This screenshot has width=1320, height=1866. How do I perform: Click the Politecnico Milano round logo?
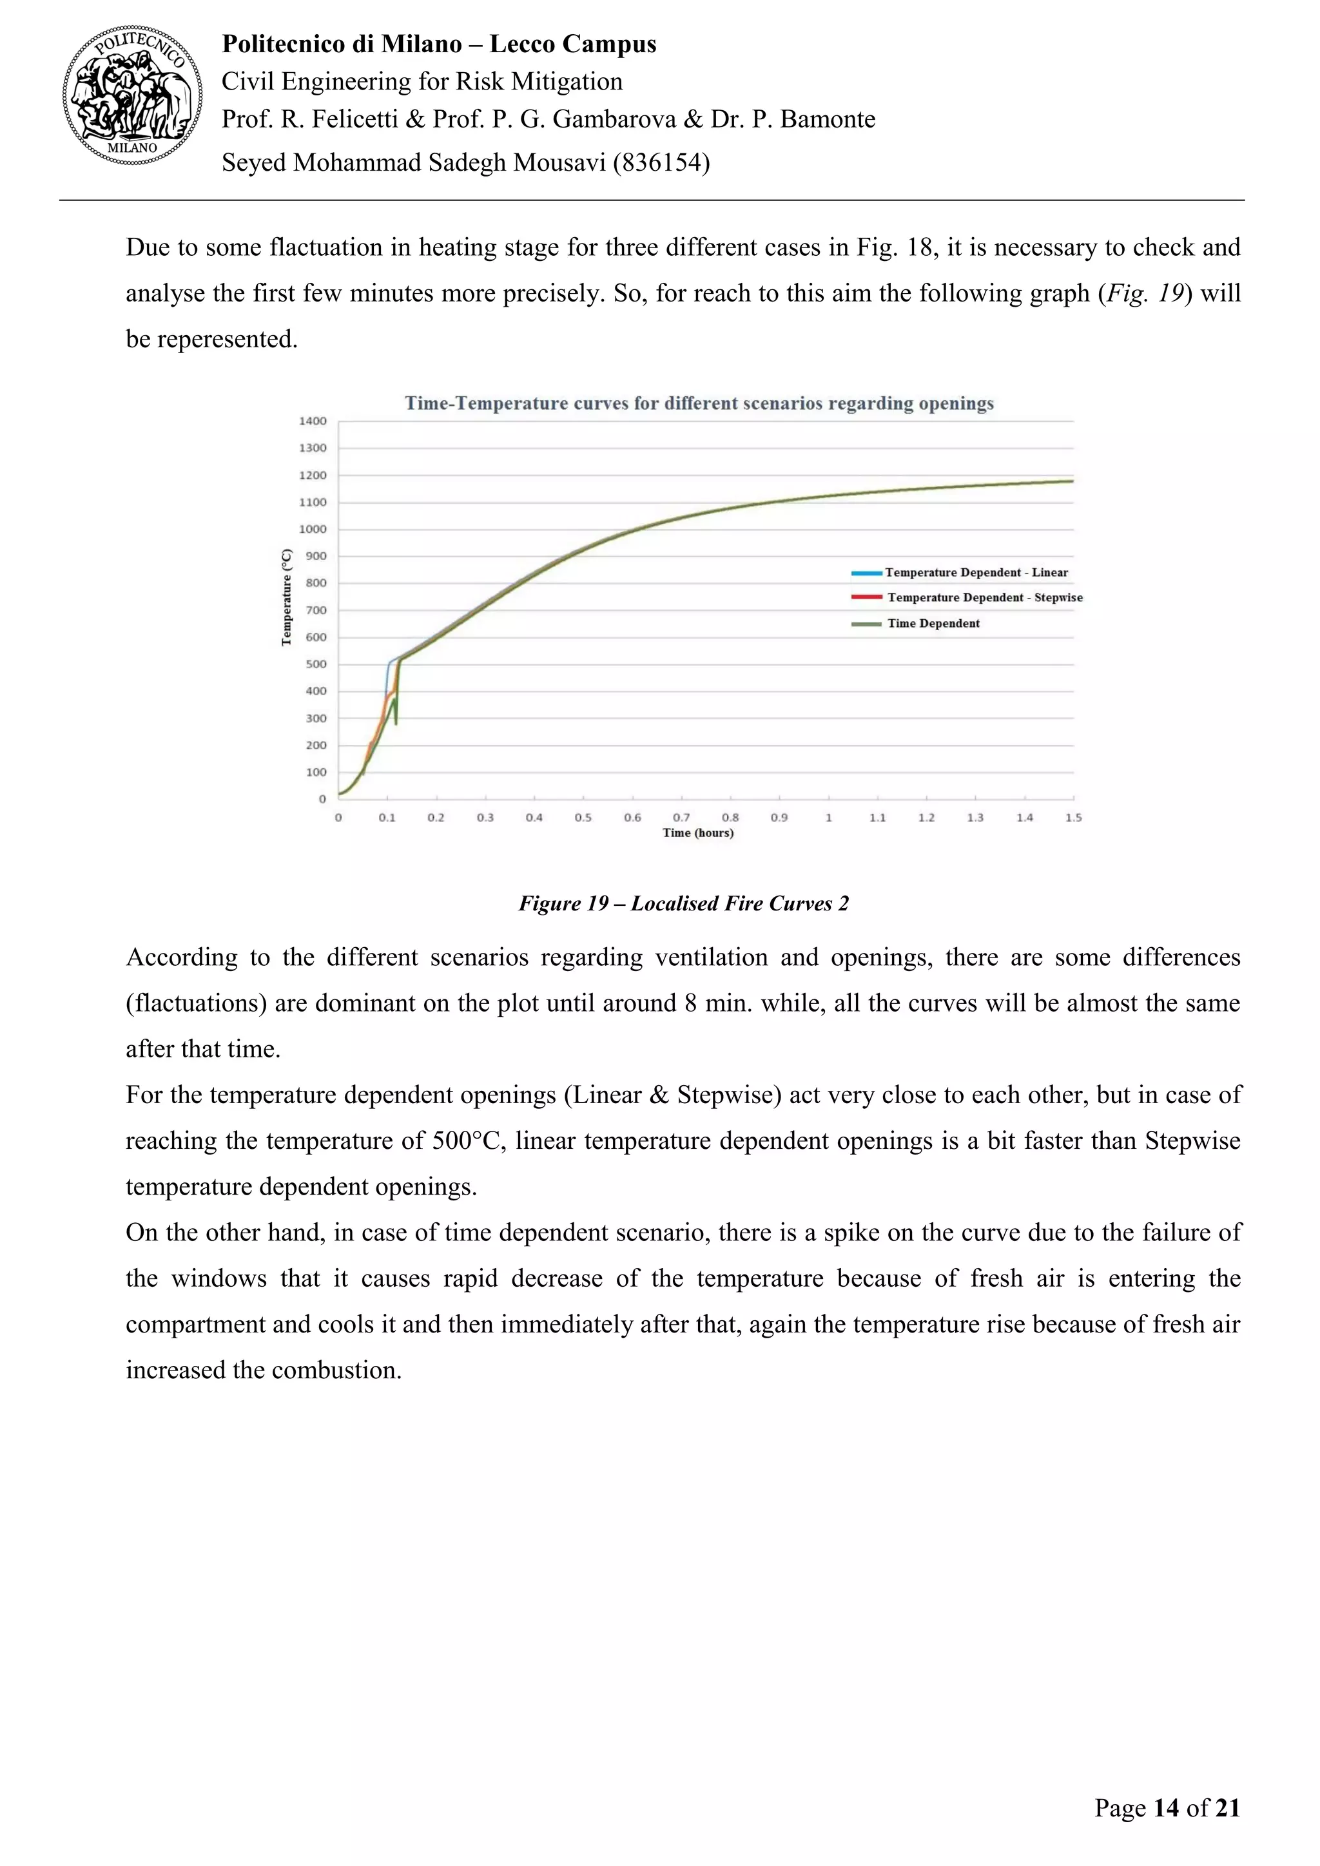point(133,95)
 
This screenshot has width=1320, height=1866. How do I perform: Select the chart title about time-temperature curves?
point(699,403)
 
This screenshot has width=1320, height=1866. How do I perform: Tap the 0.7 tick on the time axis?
point(681,818)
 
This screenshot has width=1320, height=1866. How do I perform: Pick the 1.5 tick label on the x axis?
point(1073,818)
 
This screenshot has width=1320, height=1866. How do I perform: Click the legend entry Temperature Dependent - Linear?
point(975,572)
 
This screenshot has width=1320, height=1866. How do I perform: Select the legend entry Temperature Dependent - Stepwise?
point(984,597)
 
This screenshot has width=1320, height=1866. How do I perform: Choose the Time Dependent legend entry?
point(933,623)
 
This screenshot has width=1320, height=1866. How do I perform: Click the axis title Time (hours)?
point(697,833)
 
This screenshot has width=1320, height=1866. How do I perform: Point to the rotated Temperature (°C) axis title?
point(286,597)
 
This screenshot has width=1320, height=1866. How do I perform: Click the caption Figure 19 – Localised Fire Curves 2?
point(684,904)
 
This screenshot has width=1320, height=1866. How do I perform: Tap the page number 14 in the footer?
point(1165,1807)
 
